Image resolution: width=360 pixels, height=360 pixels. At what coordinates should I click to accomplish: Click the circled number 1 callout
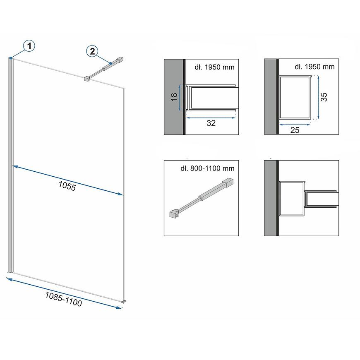(x=29, y=46)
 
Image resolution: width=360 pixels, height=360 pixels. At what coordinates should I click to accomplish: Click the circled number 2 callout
(x=92, y=51)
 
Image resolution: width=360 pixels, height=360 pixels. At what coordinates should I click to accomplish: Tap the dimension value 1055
(x=67, y=186)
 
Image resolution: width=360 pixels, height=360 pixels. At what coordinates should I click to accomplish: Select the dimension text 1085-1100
(x=64, y=299)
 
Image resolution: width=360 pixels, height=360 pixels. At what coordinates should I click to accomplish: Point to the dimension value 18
(x=174, y=97)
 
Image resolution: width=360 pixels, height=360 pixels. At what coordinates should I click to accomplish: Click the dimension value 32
(x=211, y=123)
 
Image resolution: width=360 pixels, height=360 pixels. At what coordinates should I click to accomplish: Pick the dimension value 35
(x=324, y=97)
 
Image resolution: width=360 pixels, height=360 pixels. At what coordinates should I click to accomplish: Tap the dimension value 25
(x=295, y=130)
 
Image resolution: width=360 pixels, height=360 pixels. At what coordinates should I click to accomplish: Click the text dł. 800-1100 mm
(x=208, y=168)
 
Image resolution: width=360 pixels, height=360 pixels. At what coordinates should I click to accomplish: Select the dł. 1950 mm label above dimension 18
(x=214, y=67)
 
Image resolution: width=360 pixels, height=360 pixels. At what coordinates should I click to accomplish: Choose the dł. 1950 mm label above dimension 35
(x=314, y=67)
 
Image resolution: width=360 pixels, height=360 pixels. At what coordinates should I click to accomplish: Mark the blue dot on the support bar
(x=110, y=63)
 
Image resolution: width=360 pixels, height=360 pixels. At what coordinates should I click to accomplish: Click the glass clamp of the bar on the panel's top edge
(x=87, y=79)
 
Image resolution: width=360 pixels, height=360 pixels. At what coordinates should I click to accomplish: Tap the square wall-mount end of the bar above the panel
(x=120, y=59)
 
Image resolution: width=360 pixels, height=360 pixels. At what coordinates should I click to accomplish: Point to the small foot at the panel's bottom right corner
(x=124, y=301)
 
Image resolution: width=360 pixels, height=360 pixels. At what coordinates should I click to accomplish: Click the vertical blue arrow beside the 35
(x=319, y=97)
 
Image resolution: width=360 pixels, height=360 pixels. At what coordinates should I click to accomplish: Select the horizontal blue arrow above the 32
(x=211, y=118)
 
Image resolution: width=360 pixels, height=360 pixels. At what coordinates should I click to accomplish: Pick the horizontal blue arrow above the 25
(x=295, y=125)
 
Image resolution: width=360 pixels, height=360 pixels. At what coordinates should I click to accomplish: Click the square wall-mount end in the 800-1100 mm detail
(x=228, y=182)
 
